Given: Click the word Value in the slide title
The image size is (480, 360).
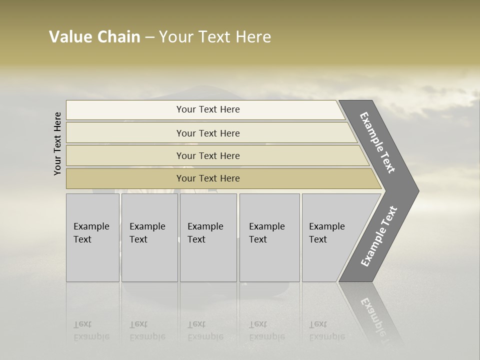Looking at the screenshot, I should tap(69, 37).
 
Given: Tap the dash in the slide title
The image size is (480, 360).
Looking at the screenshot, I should tap(149, 37).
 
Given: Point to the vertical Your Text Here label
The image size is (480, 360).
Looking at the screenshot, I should tap(57, 143).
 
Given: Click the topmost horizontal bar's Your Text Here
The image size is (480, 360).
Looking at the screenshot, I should tap(208, 109).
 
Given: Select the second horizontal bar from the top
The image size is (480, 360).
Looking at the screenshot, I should tap(208, 133).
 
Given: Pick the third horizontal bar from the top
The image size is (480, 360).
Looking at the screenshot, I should tap(208, 155).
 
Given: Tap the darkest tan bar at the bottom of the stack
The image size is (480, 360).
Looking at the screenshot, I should tap(208, 178).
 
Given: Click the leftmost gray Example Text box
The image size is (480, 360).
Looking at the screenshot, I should tap(92, 237).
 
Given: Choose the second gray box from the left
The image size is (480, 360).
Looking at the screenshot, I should tap(149, 237).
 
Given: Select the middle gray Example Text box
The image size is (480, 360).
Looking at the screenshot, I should tap(208, 237).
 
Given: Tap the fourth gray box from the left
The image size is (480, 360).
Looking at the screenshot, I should tap(269, 237).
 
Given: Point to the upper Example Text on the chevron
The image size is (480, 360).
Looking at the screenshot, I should tap(377, 143).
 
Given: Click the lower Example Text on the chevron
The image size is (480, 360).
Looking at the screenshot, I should tap(378, 236).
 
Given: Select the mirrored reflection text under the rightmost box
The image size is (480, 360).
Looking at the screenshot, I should tap(326, 330).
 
